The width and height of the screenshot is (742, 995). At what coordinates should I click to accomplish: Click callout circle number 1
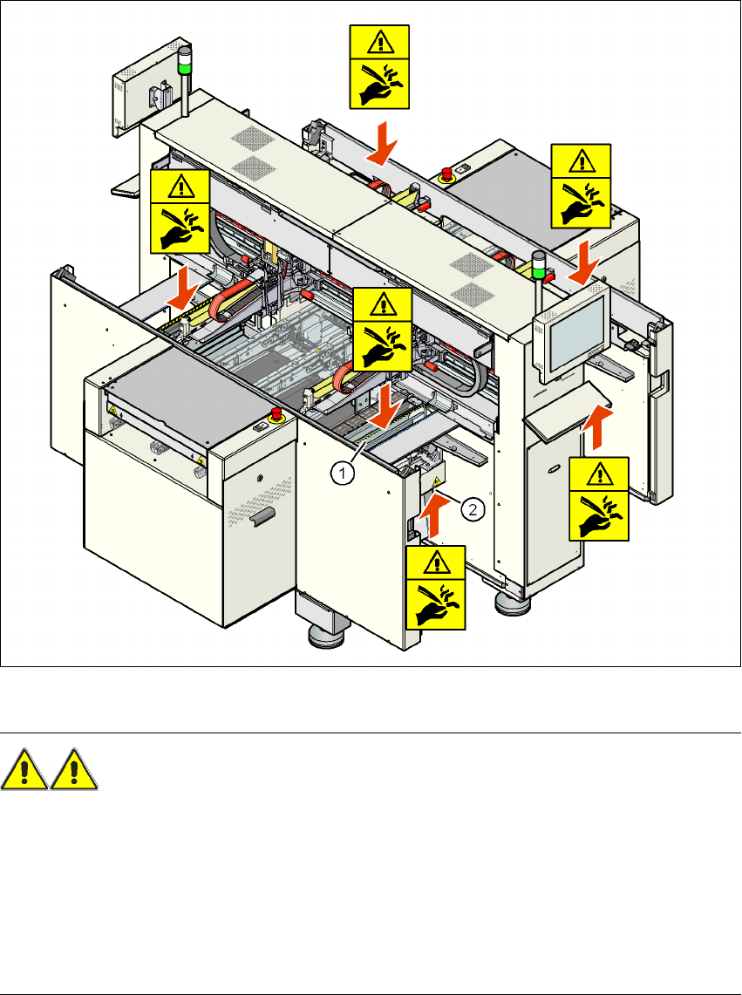(x=344, y=474)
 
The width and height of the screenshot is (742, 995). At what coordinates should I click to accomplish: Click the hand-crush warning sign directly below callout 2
(x=435, y=587)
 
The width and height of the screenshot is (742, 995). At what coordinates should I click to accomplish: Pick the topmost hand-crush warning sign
(x=378, y=68)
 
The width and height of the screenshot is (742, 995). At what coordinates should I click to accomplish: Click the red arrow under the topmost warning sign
(x=380, y=143)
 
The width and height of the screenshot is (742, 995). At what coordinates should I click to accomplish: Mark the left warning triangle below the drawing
(x=24, y=771)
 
